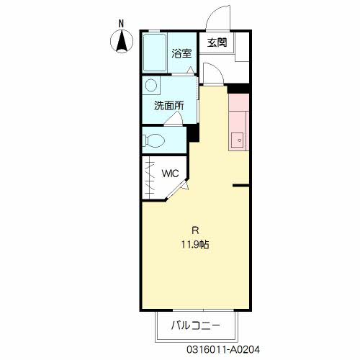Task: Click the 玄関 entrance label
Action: pos(217,42)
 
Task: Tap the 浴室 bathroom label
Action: pos(181,53)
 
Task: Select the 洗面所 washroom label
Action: pos(169,106)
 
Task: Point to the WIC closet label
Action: pos(170,174)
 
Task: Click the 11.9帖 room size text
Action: pos(195,245)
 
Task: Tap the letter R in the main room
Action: pos(195,230)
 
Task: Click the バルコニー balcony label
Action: pos(195,325)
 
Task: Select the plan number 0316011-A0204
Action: pos(223,350)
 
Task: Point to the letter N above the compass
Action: pos(122,24)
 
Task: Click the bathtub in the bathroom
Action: pos(155,53)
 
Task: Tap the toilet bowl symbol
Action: pos(153,140)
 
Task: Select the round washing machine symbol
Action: pos(151,85)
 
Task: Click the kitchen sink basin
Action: pos(238,140)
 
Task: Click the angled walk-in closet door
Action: pos(177,189)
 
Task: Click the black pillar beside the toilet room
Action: pos(193,133)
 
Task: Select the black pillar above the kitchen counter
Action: pos(238,89)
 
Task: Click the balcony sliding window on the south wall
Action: pos(203,310)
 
